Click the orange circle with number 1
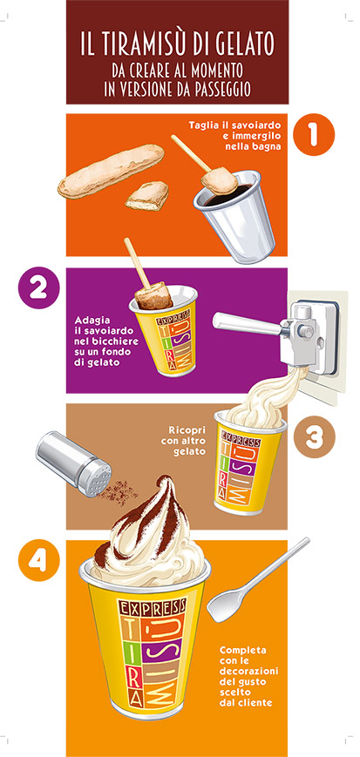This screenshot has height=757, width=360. (314, 134)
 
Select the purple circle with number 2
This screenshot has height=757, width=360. (38, 287)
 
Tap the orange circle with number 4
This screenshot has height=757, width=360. (38, 560)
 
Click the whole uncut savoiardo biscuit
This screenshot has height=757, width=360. (112, 171)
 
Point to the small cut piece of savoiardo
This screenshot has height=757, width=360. (147, 195)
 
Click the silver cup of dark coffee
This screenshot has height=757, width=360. (235, 216)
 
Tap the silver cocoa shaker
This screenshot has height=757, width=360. (73, 464)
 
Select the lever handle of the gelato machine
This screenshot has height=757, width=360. (248, 323)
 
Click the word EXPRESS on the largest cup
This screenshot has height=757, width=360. (152, 606)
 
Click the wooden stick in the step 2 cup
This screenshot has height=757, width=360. (137, 263)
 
